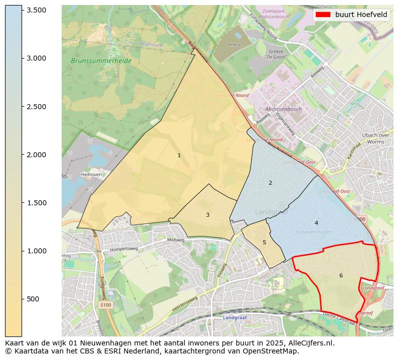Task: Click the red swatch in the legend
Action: [323, 15]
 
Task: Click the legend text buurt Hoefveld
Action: [361, 15]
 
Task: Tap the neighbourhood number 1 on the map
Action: [179, 156]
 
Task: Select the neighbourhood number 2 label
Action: [270, 183]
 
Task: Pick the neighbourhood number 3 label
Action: [208, 215]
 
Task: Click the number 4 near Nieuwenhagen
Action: [316, 223]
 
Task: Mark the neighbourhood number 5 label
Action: [264, 243]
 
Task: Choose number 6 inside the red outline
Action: [341, 275]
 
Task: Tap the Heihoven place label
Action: [91, 175]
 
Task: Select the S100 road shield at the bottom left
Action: [105, 304]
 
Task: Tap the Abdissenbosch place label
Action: [284, 110]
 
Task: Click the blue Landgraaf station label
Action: [235, 318]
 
